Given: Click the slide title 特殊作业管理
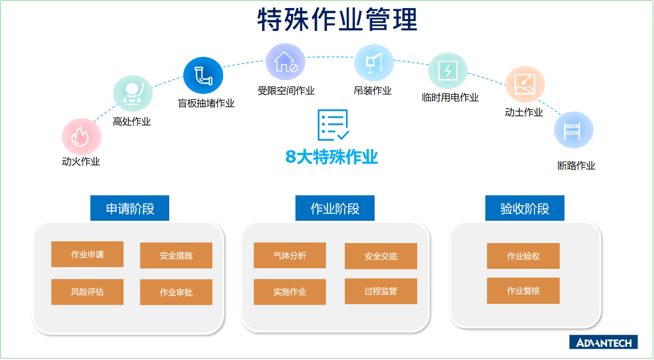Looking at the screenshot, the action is [337, 19].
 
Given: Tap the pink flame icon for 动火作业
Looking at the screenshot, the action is [81, 136].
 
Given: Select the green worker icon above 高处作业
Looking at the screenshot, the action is [133, 93].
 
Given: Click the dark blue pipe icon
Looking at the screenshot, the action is [203, 76].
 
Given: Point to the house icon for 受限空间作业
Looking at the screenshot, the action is [286, 62].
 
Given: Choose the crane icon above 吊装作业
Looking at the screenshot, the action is [373, 63].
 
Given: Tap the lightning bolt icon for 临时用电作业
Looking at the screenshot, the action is [448, 71].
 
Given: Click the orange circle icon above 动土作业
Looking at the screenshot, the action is [525, 84].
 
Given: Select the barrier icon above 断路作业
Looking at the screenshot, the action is [574, 130].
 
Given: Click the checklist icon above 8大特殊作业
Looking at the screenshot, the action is [333, 125].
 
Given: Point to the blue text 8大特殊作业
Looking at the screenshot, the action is [332, 157].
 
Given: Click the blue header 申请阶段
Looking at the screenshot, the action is [130, 208].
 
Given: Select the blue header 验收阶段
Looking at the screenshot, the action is [525, 208].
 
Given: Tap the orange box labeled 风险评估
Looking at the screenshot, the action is [87, 292].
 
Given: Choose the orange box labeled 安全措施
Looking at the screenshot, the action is [176, 256].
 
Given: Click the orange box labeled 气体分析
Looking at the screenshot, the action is [290, 256].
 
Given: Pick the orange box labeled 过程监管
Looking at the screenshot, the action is [381, 291].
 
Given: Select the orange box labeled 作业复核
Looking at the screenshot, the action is [523, 291].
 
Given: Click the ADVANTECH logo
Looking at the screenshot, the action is [603, 342].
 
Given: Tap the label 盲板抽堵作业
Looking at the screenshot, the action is [206, 103].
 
